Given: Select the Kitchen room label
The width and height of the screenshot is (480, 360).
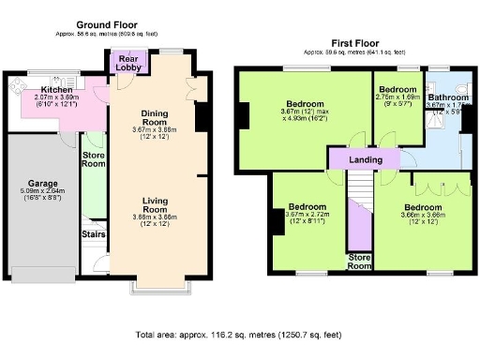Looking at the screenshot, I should coord(43,89).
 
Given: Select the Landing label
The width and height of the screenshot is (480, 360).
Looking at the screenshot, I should coord(366,160).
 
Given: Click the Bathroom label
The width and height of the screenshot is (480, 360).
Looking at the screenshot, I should coord(448,97).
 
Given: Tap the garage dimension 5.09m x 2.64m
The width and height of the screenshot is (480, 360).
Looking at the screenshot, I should coord(40,197).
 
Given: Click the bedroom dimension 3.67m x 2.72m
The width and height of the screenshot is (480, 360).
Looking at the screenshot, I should coord(307,215).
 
